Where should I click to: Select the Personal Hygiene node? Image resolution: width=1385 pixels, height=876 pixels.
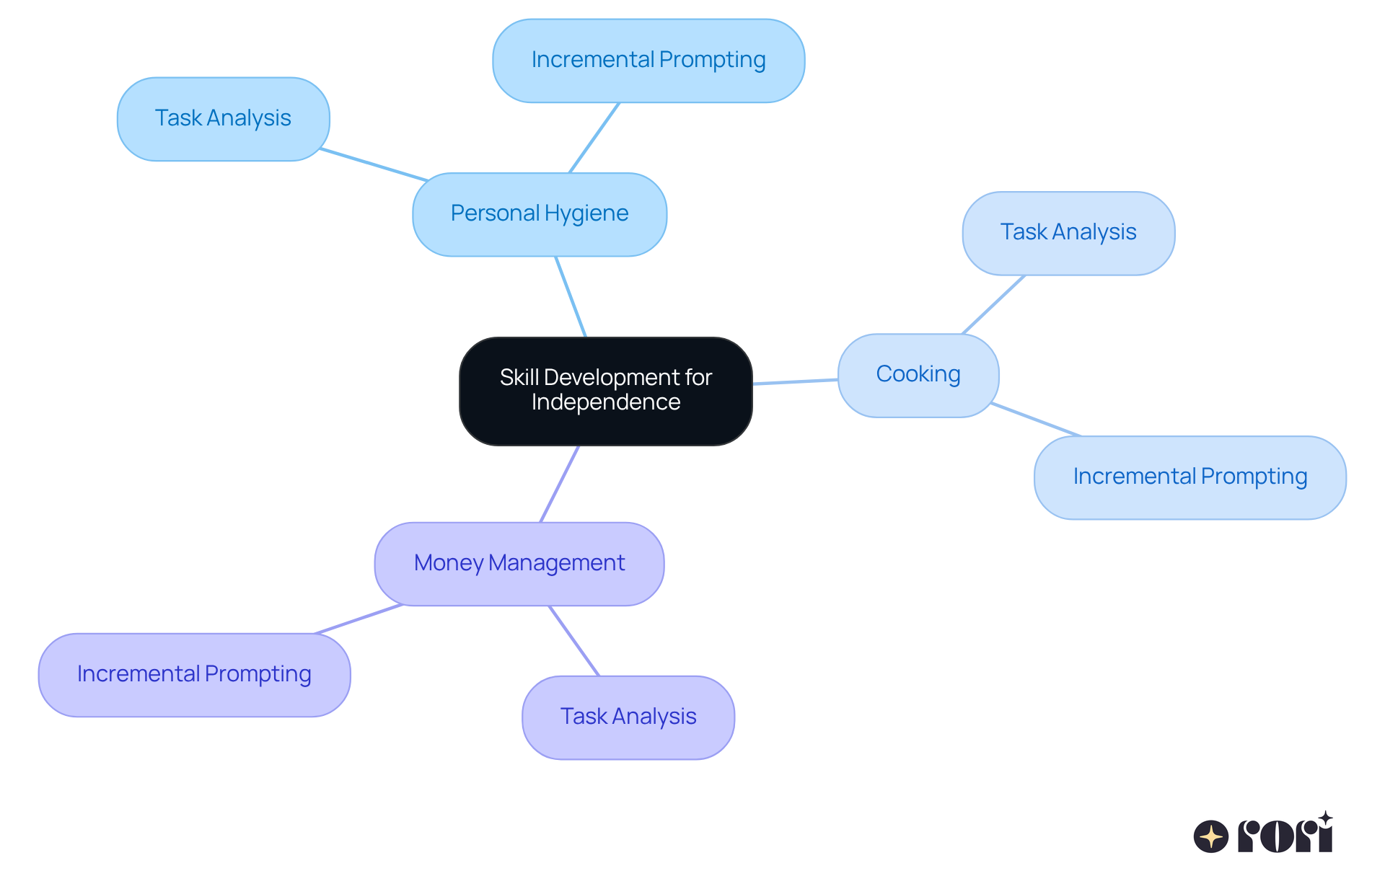tap(540, 214)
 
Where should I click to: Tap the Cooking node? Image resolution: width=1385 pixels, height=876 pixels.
tap(918, 375)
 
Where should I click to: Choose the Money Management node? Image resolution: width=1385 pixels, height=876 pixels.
tap(519, 564)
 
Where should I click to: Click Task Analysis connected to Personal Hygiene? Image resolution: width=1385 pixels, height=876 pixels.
tap(223, 119)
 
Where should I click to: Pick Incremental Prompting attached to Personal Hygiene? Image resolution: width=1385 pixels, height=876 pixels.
tap(648, 61)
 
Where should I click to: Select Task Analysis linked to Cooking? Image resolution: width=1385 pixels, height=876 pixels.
tap(1068, 233)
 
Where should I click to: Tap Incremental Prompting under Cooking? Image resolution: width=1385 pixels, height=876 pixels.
tap(1190, 477)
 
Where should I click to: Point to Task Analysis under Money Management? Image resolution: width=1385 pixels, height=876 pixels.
tap(628, 717)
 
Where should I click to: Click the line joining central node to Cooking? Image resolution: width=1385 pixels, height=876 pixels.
tap(795, 381)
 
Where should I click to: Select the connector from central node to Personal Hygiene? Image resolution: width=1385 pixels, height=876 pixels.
tap(571, 296)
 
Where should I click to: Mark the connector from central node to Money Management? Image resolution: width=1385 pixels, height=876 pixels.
tap(560, 484)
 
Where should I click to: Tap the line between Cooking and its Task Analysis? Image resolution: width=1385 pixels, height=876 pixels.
tap(993, 305)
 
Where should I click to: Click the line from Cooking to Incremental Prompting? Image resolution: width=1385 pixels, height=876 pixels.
tap(1035, 420)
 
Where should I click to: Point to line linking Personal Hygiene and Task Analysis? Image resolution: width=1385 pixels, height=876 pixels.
tap(374, 164)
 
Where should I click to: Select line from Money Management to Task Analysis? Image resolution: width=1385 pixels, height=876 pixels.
tap(574, 641)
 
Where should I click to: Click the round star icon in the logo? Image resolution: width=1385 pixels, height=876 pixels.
tap(1210, 836)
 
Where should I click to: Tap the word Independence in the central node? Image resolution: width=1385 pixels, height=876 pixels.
tap(605, 402)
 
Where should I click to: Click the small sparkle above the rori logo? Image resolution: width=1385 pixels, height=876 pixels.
tap(1325, 818)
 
